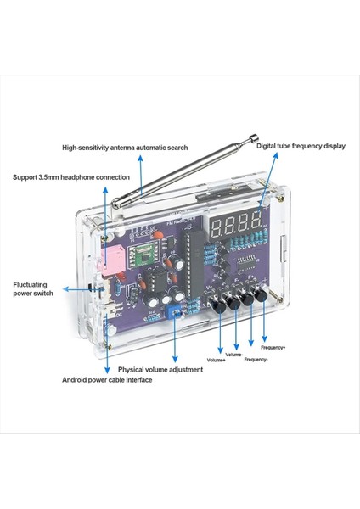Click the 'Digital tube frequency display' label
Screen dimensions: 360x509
pos(301,146)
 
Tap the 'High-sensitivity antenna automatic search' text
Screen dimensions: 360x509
pos(125,148)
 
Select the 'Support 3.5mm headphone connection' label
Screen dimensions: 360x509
pos(71,177)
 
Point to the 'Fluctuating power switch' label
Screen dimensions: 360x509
pos(33,289)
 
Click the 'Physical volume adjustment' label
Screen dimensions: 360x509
pos(160,369)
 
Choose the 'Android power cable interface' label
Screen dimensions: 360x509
pos(107,380)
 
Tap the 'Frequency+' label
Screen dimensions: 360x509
pos(273,348)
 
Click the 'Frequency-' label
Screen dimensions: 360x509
pos(256,360)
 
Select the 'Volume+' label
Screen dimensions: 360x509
pos(216,360)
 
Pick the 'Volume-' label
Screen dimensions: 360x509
pos(234,355)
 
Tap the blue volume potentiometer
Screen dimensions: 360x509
pos(172,312)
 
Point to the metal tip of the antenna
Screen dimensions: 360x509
pos(253,138)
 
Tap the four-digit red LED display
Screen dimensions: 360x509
pos(235,225)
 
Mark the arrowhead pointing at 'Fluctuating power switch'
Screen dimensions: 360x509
pos(65,289)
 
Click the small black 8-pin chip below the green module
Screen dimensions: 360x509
pos(155,282)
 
